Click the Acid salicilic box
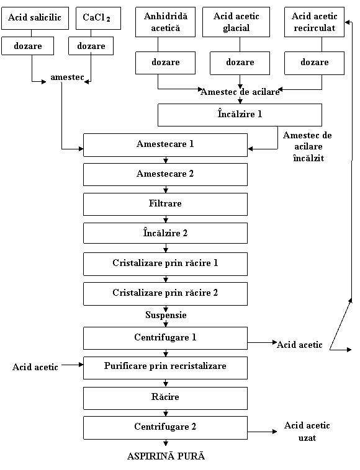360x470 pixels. pyautogui.click(x=35, y=18)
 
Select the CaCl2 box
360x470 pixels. pyautogui.click(x=99, y=18)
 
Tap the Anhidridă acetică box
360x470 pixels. pyautogui.click(x=165, y=22)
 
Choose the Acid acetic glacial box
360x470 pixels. pyautogui.click(x=236, y=22)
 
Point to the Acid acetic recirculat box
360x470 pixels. pyautogui.click(x=315, y=22)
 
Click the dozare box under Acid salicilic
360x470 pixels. pyautogui.click(x=27, y=46)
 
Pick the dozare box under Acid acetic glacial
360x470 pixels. pyautogui.click(x=240, y=63)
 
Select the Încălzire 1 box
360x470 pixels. pyautogui.click(x=240, y=115)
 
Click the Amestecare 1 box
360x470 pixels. pyautogui.click(x=165, y=145)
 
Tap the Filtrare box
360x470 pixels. pyautogui.click(x=165, y=204)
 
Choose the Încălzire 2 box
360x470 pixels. pyautogui.click(x=165, y=233)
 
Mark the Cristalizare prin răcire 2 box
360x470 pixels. pyautogui.click(x=165, y=294)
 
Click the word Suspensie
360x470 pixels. pyautogui.click(x=166, y=315)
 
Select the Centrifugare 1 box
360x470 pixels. pyautogui.click(x=165, y=339)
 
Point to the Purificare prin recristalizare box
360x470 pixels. pyautogui.click(x=165, y=368)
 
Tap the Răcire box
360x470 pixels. pyautogui.click(x=165, y=398)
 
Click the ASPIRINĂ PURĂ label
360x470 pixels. pyautogui.click(x=166, y=456)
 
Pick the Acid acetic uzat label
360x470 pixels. pyautogui.click(x=307, y=432)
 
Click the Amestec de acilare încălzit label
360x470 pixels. pyautogui.click(x=307, y=146)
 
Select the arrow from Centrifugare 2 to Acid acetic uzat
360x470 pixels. pyautogui.click(x=262, y=432)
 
